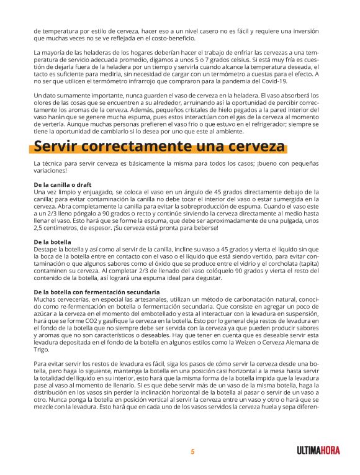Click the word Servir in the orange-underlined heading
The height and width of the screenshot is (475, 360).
(58, 147)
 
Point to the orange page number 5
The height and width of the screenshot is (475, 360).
(192, 452)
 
